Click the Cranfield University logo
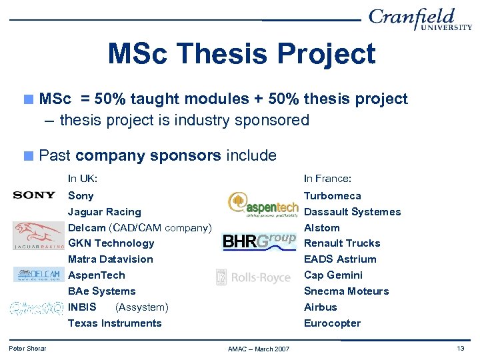pyautogui.click(x=420, y=19)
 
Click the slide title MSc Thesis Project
pyautogui.click(x=241, y=54)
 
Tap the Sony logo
pyautogui.click(x=34, y=195)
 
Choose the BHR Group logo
pyautogui.click(x=259, y=241)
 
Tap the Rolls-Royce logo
pyautogui.click(x=253, y=277)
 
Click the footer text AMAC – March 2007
pyautogui.click(x=259, y=349)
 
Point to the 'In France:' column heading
pyautogui.click(x=327, y=179)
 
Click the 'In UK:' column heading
pyautogui.click(x=83, y=179)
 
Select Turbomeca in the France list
pyautogui.click(x=332, y=195)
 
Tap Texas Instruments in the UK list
pyautogui.click(x=115, y=323)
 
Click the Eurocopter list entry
pyautogui.click(x=332, y=323)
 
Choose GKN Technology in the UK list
pyautogui.click(x=111, y=243)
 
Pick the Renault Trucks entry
pyautogui.click(x=341, y=243)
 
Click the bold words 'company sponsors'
pyautogui.click(x=148, y=156)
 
